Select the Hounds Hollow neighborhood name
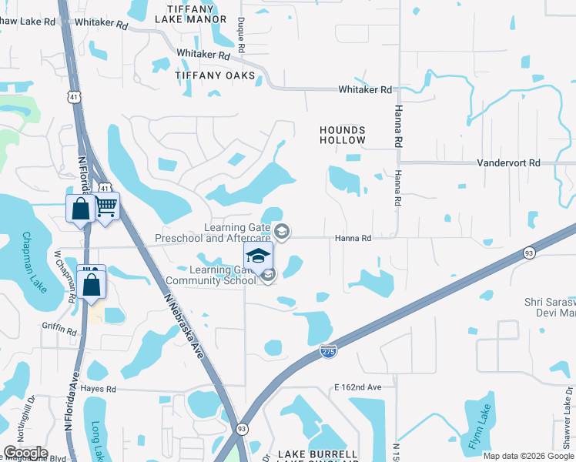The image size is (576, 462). point(343,136)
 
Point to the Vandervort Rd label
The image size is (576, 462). point(508,163)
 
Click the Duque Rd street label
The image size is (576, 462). point(241,35)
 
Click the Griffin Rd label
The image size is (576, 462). point(62,332)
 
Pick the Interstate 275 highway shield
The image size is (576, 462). point(328,351)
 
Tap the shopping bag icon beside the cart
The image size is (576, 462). point(80,209)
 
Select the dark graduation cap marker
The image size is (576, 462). point(259,256)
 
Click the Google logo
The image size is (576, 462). point(25,453)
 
